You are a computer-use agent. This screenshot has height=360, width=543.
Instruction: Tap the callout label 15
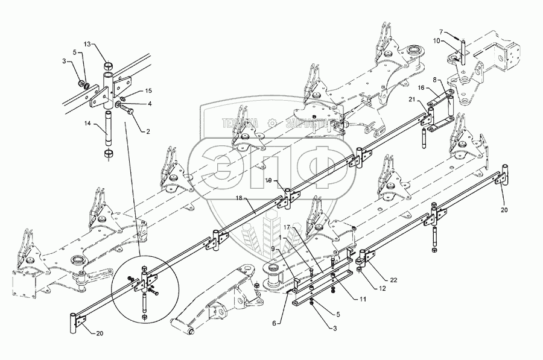tap(148, 90)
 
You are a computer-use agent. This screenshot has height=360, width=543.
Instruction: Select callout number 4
tap(150, 103)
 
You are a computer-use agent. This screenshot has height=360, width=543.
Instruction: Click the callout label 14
tap(87, 124)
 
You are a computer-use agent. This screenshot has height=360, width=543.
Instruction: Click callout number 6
tap(275, 323)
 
